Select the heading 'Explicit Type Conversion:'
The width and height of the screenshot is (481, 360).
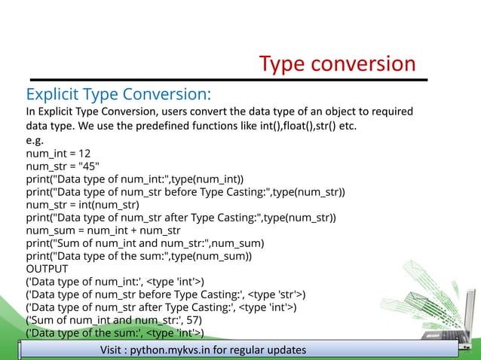tap(118, 94)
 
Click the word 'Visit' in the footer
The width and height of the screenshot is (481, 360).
tap(114, 351)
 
